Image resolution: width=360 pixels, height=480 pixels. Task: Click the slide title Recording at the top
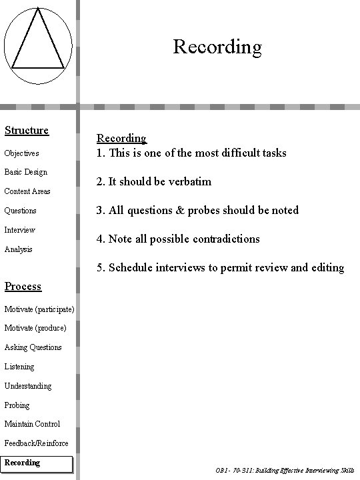[217, 47]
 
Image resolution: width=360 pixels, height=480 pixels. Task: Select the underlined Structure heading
[26, 130]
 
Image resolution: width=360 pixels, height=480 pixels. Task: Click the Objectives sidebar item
[21, 153]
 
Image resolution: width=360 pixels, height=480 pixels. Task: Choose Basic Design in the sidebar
[25, 172]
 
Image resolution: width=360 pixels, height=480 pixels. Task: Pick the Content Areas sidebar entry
[27, 191]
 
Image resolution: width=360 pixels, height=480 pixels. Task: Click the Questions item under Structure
[20, 211]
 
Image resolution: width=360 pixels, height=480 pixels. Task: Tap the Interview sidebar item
[19, 230]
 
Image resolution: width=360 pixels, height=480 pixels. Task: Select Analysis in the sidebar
[18, 249]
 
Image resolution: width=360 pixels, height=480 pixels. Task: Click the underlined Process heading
[23, 286]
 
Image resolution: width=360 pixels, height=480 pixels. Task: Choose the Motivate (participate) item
[39, 309]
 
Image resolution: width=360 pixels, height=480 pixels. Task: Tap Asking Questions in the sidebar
[33, 347]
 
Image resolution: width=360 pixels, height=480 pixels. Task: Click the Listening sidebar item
[19, 367]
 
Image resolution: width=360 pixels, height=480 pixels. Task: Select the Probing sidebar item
[17, 405]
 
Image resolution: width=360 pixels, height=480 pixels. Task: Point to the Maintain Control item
[32, 424]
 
